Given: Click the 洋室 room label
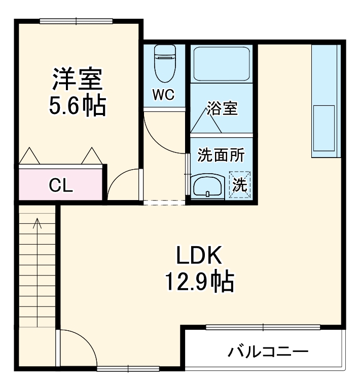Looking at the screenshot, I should pos(78,79).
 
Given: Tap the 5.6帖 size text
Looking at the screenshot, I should pos(78,105).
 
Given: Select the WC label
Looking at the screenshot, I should pos(163,95).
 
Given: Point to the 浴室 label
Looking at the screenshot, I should pos(222,108).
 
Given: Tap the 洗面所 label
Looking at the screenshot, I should pos(221,155).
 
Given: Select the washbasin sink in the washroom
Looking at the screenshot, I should pos(207,186).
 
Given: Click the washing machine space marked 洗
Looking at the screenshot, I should pos(239,185).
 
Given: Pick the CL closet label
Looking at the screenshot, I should pos(61,186).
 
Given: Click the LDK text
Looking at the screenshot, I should pos(199,256).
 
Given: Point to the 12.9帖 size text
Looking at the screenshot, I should pos(199,282).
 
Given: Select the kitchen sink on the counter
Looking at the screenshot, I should pos(323,128).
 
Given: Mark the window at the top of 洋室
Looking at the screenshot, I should pos(77,21).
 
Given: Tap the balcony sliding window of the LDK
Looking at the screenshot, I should pos(263,327).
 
